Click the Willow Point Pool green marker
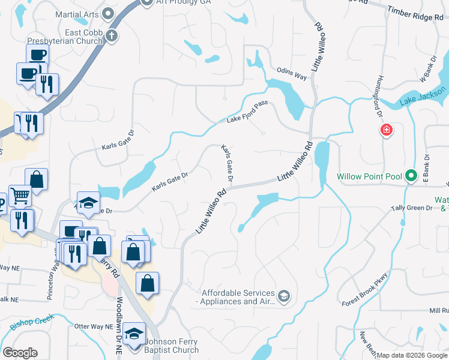pos(411,176)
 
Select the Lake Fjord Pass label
pos(247,112)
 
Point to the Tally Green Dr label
pos(411,208)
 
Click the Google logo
pos(19,352)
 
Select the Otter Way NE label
pos(94,326)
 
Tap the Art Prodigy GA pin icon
pos(148,2)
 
